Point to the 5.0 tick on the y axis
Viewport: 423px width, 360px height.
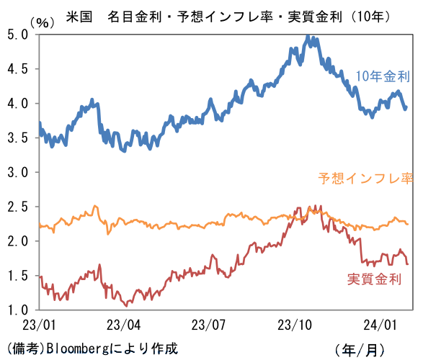(18, 35)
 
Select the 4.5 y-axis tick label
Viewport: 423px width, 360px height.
(18, 69)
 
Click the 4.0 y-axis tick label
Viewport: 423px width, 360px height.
(18, 104)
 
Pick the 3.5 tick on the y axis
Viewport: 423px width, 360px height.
(18, 138)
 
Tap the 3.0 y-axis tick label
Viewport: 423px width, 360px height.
(18, 173)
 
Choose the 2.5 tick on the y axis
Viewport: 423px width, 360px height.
(18, 207)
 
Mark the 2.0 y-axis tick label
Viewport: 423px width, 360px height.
(18, 242)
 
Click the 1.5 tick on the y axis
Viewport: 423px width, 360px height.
(18, 276)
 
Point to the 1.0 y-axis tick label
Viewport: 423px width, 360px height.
(18, 311)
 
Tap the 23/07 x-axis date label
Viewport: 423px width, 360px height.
(209, 325)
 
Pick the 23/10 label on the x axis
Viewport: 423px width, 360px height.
(296, 325)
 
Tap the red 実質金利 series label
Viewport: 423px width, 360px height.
(374, 279)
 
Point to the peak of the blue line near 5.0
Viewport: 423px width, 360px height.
(308, 36)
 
